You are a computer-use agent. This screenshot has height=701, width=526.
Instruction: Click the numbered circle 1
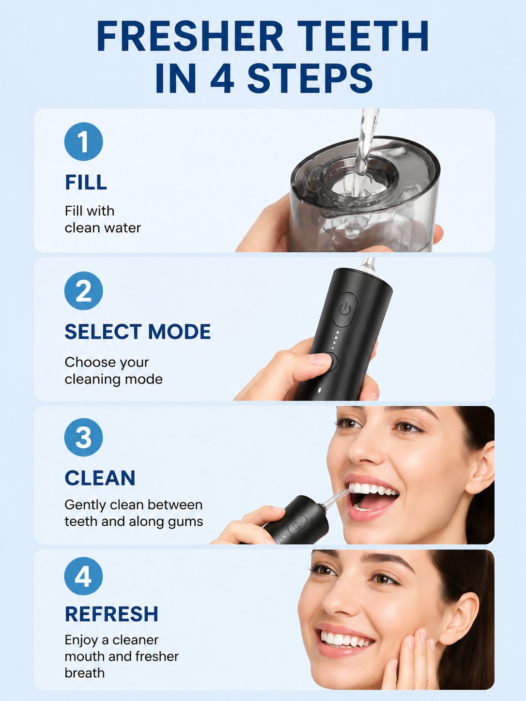tap(83, 141)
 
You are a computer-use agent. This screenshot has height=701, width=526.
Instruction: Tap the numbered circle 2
tap(83, 290)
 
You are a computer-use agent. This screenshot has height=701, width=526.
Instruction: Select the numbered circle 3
tap(83, 437)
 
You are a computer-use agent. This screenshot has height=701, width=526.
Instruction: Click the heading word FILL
tap(86, 182)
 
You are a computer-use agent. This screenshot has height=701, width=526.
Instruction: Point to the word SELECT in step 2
tap(103, 332)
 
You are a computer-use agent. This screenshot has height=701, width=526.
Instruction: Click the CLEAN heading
tap(100, 478)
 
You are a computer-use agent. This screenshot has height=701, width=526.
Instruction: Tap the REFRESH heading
tap(111, 614)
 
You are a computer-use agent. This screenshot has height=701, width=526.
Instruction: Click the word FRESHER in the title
tap(190, 35)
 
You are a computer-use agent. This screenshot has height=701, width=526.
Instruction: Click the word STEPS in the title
tap(310, 78)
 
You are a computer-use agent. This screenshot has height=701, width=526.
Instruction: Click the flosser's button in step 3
tap(297, 524)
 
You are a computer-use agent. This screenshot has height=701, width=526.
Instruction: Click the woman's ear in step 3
tap(479, 467)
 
